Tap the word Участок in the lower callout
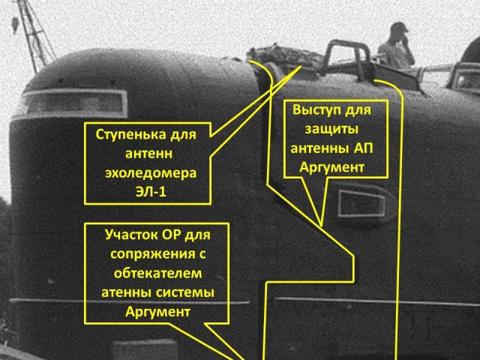point(133,232)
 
